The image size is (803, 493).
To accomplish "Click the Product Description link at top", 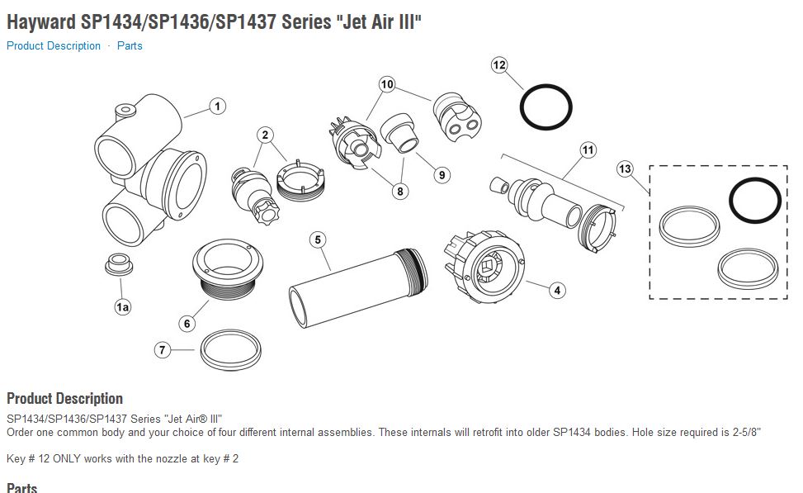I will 54,46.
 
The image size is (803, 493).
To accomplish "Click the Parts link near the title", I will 130,46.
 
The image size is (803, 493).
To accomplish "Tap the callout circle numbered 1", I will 217,107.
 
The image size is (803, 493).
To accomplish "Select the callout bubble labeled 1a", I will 123,307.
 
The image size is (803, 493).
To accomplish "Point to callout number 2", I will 265,135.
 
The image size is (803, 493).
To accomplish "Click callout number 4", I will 558,290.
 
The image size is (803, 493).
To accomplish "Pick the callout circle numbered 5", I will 319,240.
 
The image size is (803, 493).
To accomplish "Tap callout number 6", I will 187,324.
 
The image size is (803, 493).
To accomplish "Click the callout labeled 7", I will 163,350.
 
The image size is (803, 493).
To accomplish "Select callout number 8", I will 400,192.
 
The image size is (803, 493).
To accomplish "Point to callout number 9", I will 442,174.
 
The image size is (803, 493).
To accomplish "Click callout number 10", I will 388,84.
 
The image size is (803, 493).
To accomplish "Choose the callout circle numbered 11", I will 588,150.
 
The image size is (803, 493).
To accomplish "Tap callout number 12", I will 498,64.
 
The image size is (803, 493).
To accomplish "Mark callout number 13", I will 625,169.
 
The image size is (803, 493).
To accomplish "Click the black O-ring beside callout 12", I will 546,106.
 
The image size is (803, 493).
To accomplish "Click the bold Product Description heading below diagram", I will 64,399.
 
